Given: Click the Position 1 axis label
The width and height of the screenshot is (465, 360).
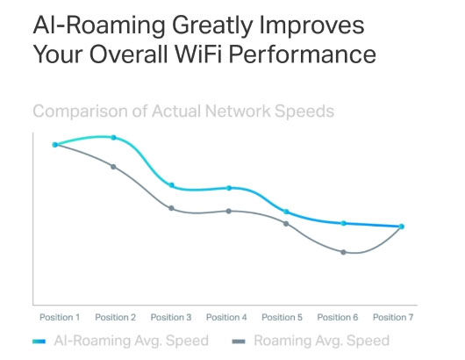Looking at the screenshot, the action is pyautogui.click(x=60, y=317).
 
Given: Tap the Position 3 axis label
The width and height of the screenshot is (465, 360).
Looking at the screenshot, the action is pyautogui.click(x=171, y=317).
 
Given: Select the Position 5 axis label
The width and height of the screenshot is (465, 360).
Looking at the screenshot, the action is pyautogui.click(x=282, y=317).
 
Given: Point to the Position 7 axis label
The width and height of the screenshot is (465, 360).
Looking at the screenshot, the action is pyautogui.click(x=393, y=317).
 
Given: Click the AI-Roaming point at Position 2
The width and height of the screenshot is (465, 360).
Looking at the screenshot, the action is pyautogui.click(x=113, y=137).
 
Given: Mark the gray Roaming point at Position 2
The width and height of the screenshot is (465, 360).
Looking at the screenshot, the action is pyautogui.click(x=113, y=167).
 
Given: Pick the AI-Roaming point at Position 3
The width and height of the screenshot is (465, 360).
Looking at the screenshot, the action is pyautogui.click(x=171, y=185).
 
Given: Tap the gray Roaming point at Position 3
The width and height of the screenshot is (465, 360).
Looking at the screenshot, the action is pyautogui.click(x=171, y=208).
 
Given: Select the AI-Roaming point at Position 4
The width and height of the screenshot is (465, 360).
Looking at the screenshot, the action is pyautogui.click(x=229, y=188).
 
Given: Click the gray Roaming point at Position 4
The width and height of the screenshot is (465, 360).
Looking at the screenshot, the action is pyautogui.click(x=229, y=212).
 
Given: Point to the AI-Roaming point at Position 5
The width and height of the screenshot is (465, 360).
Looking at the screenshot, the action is pyautogui.click(x=286, y=212).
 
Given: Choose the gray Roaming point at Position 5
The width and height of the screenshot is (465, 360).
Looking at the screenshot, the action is pyautogui.click(x=286, y=224).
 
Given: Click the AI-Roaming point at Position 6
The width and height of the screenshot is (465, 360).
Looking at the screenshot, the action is pyautogui.click(x=343, y=223).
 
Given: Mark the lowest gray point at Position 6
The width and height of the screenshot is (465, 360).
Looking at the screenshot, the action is pyautogui.click(x=343, y=252).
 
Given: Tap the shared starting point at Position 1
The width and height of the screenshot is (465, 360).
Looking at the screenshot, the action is pyautogui.click(x=55, y=145).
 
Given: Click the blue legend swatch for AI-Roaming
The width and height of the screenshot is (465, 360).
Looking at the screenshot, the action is pyautogui.click(x=39, y=342).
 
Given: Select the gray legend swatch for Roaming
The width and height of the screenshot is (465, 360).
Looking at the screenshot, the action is pyautogui.click(x=239, y=342).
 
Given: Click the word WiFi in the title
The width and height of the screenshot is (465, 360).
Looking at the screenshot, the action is pyautogui.click(x=198, y=54).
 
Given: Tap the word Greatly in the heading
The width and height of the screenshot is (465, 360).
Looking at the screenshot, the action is pyautogui.click(x=212, y=26).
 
